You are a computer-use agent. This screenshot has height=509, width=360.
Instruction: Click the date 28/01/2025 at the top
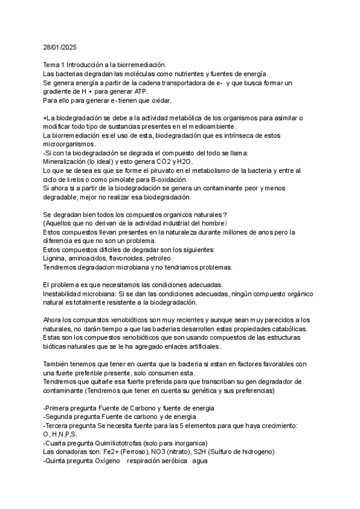61,46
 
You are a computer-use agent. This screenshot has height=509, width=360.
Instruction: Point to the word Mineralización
68,161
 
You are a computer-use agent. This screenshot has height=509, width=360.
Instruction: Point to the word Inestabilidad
64,294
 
